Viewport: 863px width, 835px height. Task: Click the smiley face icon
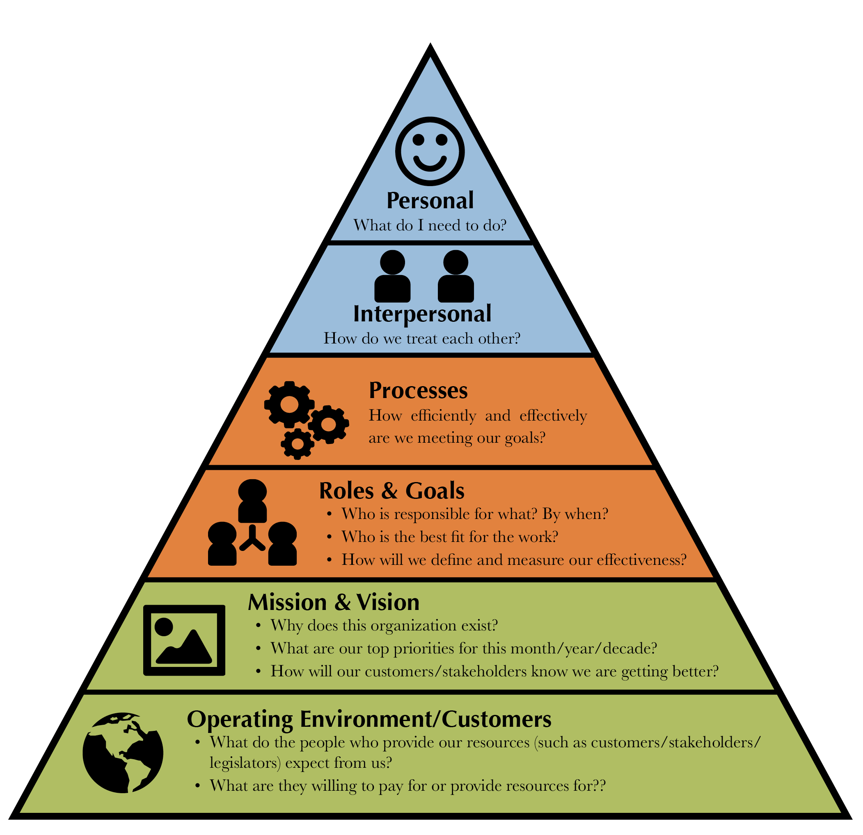[x=430, y=151]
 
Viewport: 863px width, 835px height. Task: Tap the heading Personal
[x=430, y=200]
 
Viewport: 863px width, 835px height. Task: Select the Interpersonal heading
[x=422, y=314]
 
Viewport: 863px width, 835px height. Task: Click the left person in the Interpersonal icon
[x=392, y=276]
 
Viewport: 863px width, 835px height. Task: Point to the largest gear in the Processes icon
[x=289, y=404]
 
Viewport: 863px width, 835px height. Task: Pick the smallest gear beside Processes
[x=298, y=444]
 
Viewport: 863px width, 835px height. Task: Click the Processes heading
[x=418, y=390]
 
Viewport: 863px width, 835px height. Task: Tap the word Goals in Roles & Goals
[x=435, y=491]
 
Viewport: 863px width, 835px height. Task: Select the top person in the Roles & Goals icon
[x=252, y=501]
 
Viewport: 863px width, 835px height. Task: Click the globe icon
[x=123, y=753]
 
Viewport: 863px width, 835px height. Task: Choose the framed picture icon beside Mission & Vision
[x=184, y=640]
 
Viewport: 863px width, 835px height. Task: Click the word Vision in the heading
[x=387, y=602]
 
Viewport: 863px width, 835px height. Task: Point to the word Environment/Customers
[x=426, y=720]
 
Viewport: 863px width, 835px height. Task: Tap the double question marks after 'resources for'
[x=600, y=785]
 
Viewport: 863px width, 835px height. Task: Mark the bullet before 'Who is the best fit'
[x=329, y=537]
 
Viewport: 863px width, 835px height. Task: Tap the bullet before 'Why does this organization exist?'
[x=259, y=625]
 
